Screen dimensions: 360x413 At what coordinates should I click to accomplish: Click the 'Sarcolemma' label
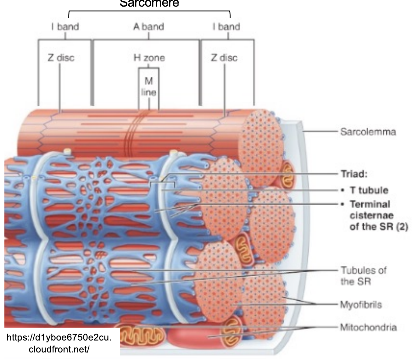click(368, 131)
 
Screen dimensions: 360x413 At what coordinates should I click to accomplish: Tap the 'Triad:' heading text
click(354, 174)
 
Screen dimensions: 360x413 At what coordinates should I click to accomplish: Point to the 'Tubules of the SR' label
click(363, 275)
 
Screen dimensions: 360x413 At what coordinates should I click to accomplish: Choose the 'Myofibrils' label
click(361, 305)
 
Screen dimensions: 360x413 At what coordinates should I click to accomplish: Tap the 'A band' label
click(148, 27)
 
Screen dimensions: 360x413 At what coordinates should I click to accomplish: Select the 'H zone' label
click(149, 58)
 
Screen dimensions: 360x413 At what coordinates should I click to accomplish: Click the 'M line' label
click(149, 86)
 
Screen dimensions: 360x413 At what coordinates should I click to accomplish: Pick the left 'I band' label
click(65, 27)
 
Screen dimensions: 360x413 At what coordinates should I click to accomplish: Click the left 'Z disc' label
click(61, 58)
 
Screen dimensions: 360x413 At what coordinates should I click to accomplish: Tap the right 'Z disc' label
click(224, 58)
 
